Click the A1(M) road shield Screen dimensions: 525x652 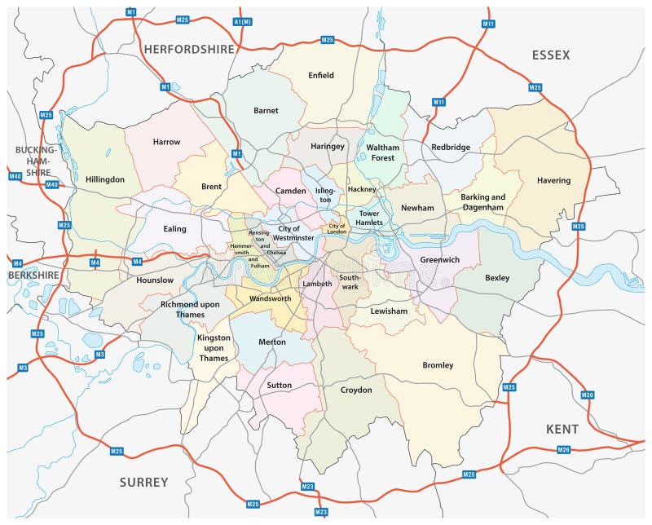tap(242, 21)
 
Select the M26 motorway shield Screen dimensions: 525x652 tap(563, 449)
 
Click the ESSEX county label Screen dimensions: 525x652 tap(551, 55)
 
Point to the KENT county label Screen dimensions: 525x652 tap(562, 429)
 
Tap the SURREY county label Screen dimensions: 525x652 tap(144, 482)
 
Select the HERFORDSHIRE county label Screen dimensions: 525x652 tap(189, 49)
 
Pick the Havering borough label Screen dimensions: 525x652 tap(553, 180)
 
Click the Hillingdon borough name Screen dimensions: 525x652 tap(105, 179)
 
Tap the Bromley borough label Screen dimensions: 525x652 tap(438, 365)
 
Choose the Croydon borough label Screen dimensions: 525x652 tap(355, 390)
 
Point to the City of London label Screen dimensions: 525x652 tap(337, 228)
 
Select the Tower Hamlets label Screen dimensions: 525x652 tap(364, 219)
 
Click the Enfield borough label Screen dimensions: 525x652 tap(321, 76)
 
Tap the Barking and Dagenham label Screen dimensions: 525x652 tap(483, 202)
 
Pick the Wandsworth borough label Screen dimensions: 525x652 tap(270, 298)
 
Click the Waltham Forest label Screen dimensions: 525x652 tap(382, 152)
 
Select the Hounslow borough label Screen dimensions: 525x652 tap(155, 280)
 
